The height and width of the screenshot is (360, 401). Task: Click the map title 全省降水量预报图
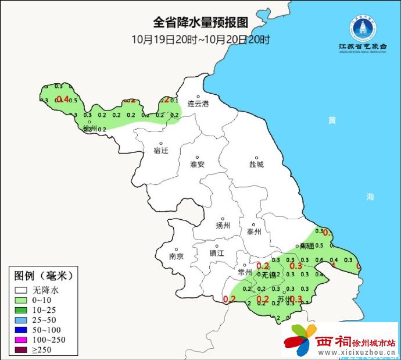point(201,23)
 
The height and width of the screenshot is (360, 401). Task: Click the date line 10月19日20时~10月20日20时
point(201,40)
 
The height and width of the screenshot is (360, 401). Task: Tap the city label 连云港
point(198,104)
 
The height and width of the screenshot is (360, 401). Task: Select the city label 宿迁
point(161,151)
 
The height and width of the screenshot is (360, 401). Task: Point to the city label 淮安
point(198,165)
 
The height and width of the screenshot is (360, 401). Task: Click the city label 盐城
point(256,165)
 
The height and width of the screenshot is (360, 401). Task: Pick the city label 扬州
point(223,226)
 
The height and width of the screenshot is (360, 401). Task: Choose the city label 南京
point(176,256)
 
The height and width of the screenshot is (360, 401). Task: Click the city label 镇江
point(217,254)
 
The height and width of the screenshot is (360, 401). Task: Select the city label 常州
point(245,272)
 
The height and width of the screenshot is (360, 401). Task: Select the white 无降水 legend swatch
point(22,289)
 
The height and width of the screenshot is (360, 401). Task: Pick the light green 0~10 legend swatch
point(22,300)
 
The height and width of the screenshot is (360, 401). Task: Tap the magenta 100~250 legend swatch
point(22,340)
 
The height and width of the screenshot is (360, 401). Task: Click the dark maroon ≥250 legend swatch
point(22,350)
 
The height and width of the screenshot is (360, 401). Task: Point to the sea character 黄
point(332,120)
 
